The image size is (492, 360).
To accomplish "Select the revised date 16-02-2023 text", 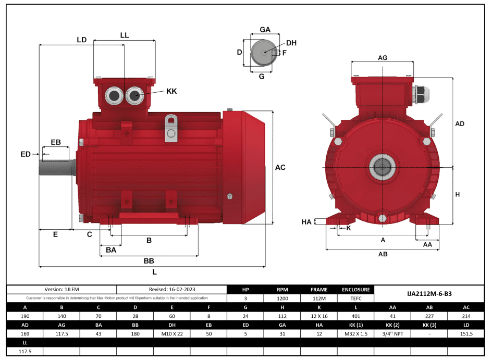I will (x=171, y=289).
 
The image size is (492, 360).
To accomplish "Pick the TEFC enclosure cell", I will (x=356, y=299).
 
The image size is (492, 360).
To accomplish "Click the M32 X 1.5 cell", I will (x=356, y=333).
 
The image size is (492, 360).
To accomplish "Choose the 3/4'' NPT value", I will (x=392, y=333).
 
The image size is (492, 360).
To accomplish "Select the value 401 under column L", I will (x=356, y=316).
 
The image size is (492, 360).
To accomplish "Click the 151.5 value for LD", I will (x=466, y=333).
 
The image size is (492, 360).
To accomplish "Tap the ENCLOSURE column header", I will (x=356, y=290).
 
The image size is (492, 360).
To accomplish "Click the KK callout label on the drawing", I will (x=171, y=91).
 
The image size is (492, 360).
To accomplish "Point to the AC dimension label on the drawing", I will (x=280, y=167).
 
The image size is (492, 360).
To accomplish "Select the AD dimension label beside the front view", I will (x=459, y=124).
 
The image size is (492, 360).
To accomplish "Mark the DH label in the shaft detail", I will (x=291, y=43).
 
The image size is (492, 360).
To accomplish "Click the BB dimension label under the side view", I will (x=149, y=260).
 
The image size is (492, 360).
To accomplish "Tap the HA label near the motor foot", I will (x=306, y=222).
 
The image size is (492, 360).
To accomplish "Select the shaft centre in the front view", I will (x=383, y=167).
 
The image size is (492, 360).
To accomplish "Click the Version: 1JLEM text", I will (x=61, y=289).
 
